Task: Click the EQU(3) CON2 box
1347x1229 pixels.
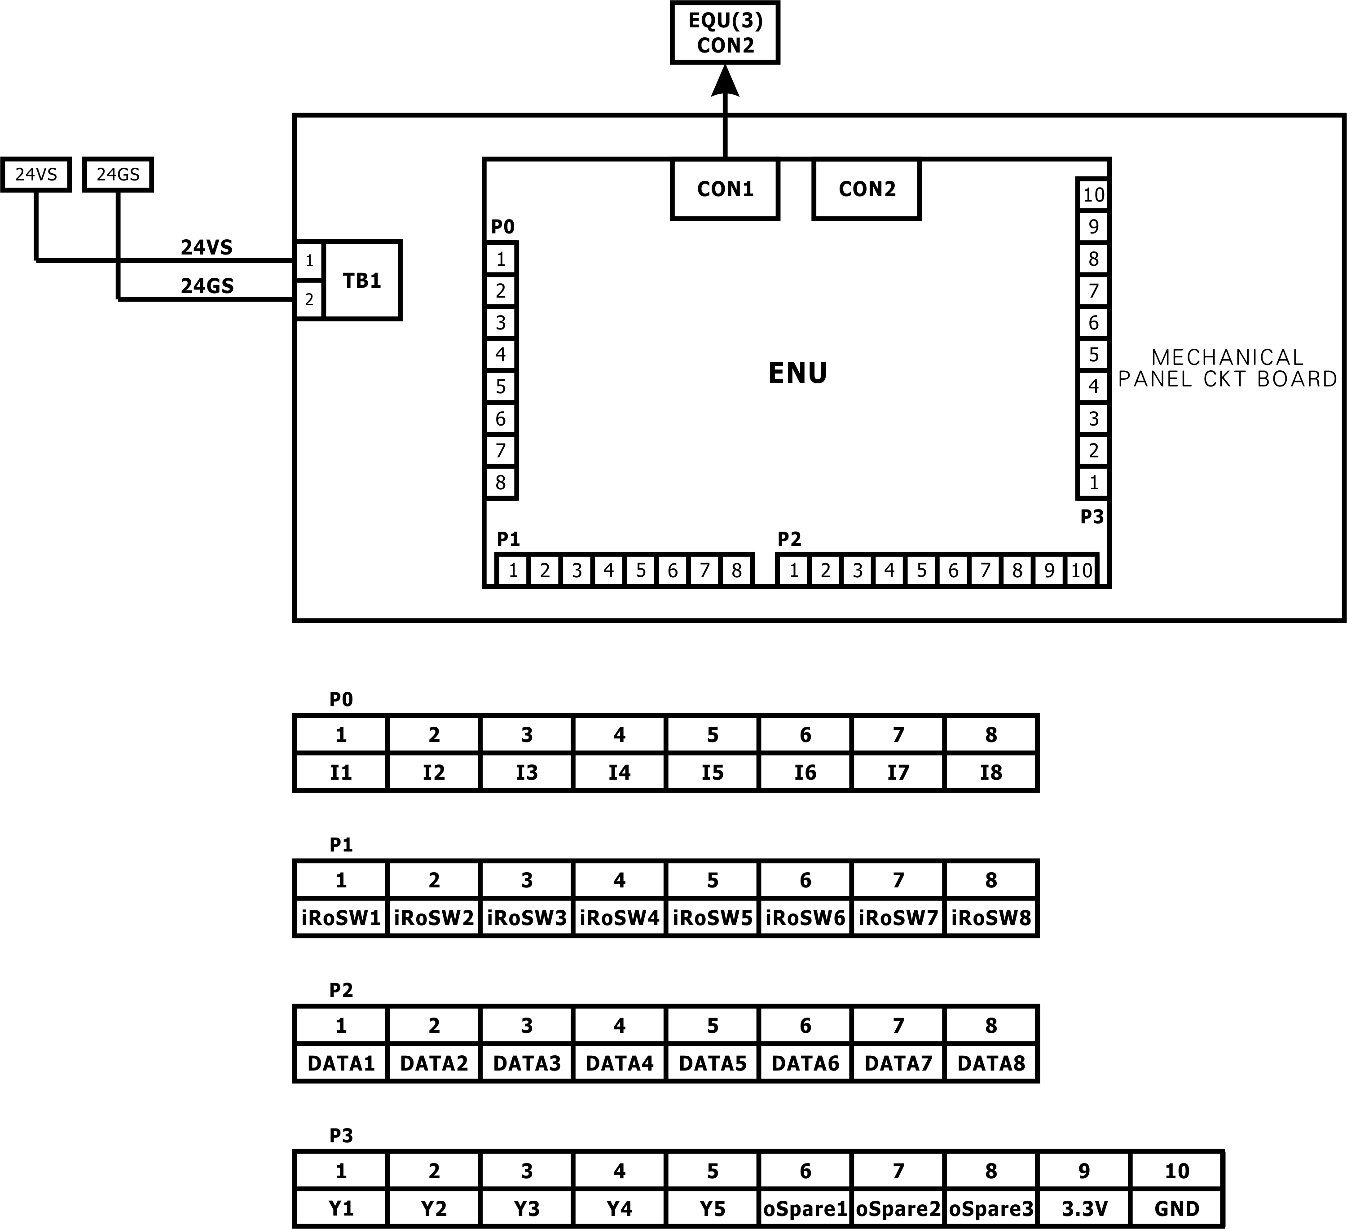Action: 725,33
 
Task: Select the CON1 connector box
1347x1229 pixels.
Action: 725,189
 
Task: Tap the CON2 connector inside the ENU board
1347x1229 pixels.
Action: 867,189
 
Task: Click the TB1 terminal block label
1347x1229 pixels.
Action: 361,281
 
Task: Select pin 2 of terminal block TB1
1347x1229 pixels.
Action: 309,300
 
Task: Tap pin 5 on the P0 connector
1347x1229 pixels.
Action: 501,387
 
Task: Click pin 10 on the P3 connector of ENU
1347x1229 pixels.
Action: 1093,195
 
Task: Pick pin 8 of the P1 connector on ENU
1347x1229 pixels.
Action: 736,571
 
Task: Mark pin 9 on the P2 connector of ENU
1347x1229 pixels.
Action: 1049,571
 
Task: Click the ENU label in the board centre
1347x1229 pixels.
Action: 798,373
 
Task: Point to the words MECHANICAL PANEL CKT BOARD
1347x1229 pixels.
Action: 1228,368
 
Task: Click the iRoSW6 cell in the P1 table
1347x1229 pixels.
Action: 805,918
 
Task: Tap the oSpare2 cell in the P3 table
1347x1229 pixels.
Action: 898,1208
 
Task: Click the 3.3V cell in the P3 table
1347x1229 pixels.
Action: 1084,1208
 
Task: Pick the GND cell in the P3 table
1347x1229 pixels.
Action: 1177,1208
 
